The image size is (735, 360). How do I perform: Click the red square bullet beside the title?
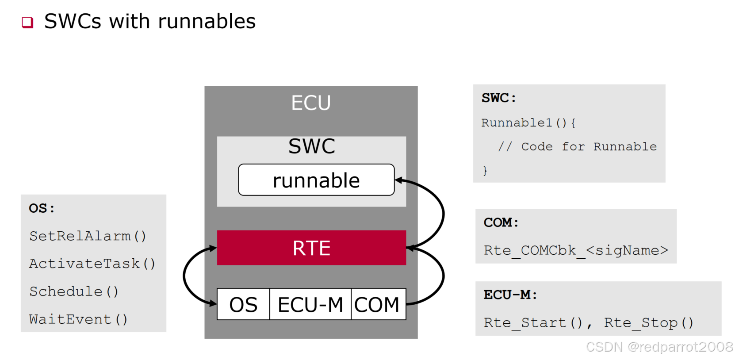tap(27, 22)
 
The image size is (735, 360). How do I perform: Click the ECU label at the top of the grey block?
tap(310, 103)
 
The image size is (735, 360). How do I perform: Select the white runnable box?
tap(316, 180)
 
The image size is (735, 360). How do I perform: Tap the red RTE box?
tap(311, 248)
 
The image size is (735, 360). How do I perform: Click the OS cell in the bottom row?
tap(243, 304)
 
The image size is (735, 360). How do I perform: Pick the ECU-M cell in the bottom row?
tap(310, 304)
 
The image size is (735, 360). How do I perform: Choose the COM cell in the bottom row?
tap(377, 304)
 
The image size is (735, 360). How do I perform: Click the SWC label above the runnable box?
tap(311, 146)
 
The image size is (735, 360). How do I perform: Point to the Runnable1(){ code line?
tap(528, 123)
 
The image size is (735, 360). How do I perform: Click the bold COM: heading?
tap(501, 222)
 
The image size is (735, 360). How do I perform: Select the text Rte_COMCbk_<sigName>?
tap(576, 250)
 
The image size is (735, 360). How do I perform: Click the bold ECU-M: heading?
tap(510, 295)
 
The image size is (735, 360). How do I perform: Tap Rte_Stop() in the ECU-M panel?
tap(649, 323)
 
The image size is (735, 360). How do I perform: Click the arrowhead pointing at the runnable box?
tap(398, 180)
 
